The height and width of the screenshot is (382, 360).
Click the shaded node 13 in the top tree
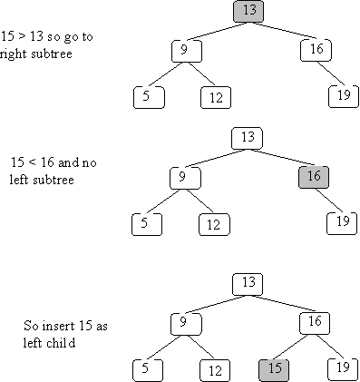pyautogui.click(x=248, y=12)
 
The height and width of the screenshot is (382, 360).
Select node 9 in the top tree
pyautogui.click(x=185, y=49)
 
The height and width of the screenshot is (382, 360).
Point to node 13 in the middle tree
pyautogui.click(x=248, y=137)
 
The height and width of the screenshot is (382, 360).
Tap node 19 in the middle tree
pyautogui.click(x=343, y=220)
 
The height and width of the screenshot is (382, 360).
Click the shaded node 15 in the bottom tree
pyautogui.click(x=275, y=367)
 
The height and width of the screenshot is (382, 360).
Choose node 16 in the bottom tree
pyautogui.click(x=313, y=321)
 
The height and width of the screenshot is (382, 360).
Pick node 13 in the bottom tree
pyautogui.click(x=248, y=283)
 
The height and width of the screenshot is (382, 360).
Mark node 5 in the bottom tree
pyautogui.click(x=147, y=367)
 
